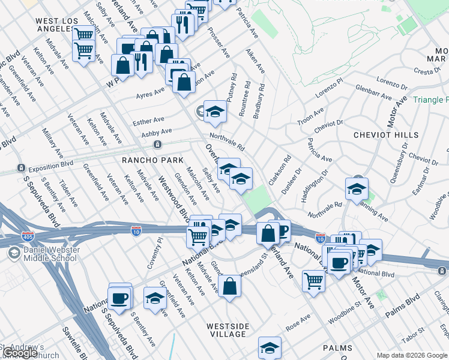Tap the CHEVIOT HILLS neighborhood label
387,135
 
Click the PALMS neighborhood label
337,348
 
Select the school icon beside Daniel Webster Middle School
13,254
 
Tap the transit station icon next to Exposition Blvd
21,167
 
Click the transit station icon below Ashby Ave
157,144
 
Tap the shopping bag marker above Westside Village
229,286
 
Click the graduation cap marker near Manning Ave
357,189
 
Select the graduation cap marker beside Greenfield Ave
155,298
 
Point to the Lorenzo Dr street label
391,80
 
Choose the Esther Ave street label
148,121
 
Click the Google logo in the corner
20,353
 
